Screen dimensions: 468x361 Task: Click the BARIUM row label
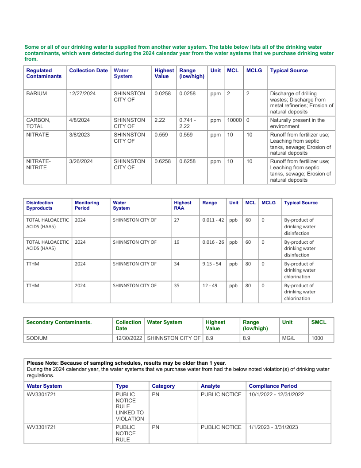pyautogui.click(x=37, y=94)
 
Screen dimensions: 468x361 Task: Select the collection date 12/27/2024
pyautogui.click(x=83, y=94)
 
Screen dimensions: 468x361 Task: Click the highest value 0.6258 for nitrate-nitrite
pyautogui.click(x=163, y=161)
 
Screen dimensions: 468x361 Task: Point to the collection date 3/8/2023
pyautogui.click(x=80, y=135)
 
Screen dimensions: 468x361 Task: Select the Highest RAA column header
pyautogui.click(x=183, y=206)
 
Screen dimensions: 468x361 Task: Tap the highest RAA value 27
pyautogui.click(x=177, y=220)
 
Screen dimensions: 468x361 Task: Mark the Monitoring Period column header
pyautogui.click(x=87, y=206)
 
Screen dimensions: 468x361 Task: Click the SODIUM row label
pyautogui.click(x=37, y=338)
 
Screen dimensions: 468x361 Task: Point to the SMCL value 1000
pyautogui.click(x=317, y=338)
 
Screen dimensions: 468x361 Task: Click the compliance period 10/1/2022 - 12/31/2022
pyautogui.click(x=277, y=394)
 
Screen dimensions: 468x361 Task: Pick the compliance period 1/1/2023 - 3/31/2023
pyautogui.click(x=273, y=427)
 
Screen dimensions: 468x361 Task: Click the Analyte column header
pyautogui.click(x=211, y=386)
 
